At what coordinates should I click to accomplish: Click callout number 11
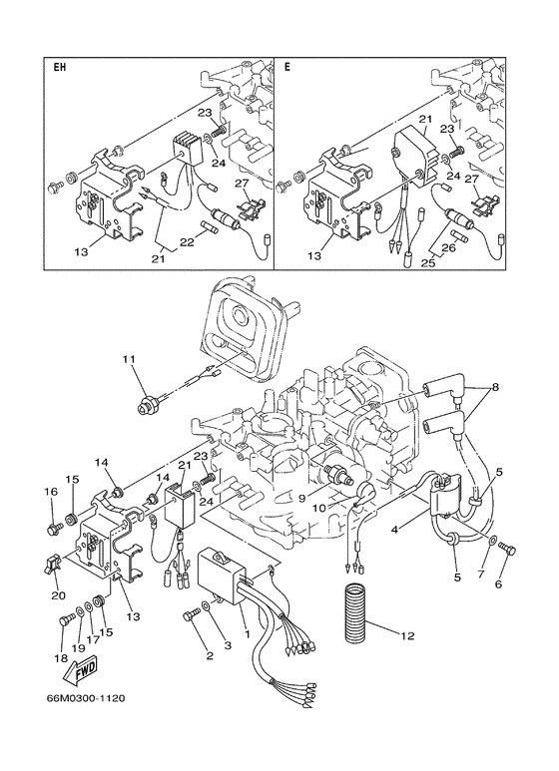pos(127,358)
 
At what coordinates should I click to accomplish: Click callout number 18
pos(61,659)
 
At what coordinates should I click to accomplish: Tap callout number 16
pos(49,492)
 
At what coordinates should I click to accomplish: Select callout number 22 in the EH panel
pos(187,242)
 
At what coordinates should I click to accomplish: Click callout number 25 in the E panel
pos(426,262)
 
